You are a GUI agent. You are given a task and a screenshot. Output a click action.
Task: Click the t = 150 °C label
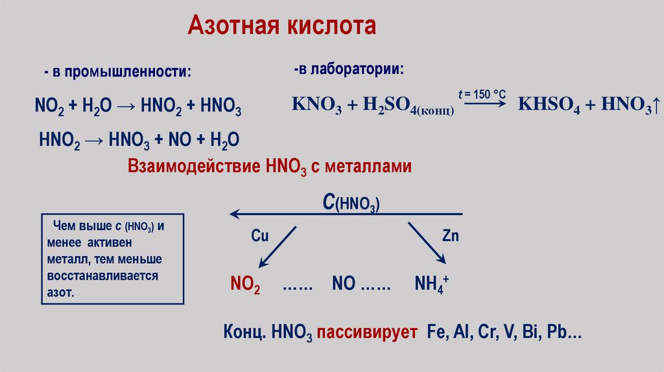[482, 94]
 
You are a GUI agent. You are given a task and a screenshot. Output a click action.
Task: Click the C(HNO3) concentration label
[351, 203]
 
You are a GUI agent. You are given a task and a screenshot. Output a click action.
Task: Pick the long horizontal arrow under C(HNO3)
[346, 214]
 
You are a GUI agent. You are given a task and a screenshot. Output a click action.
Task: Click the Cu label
[259, 236]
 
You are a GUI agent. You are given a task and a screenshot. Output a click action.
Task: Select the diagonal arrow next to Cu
[277, 246]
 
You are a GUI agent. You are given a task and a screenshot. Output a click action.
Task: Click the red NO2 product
[245, 285]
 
